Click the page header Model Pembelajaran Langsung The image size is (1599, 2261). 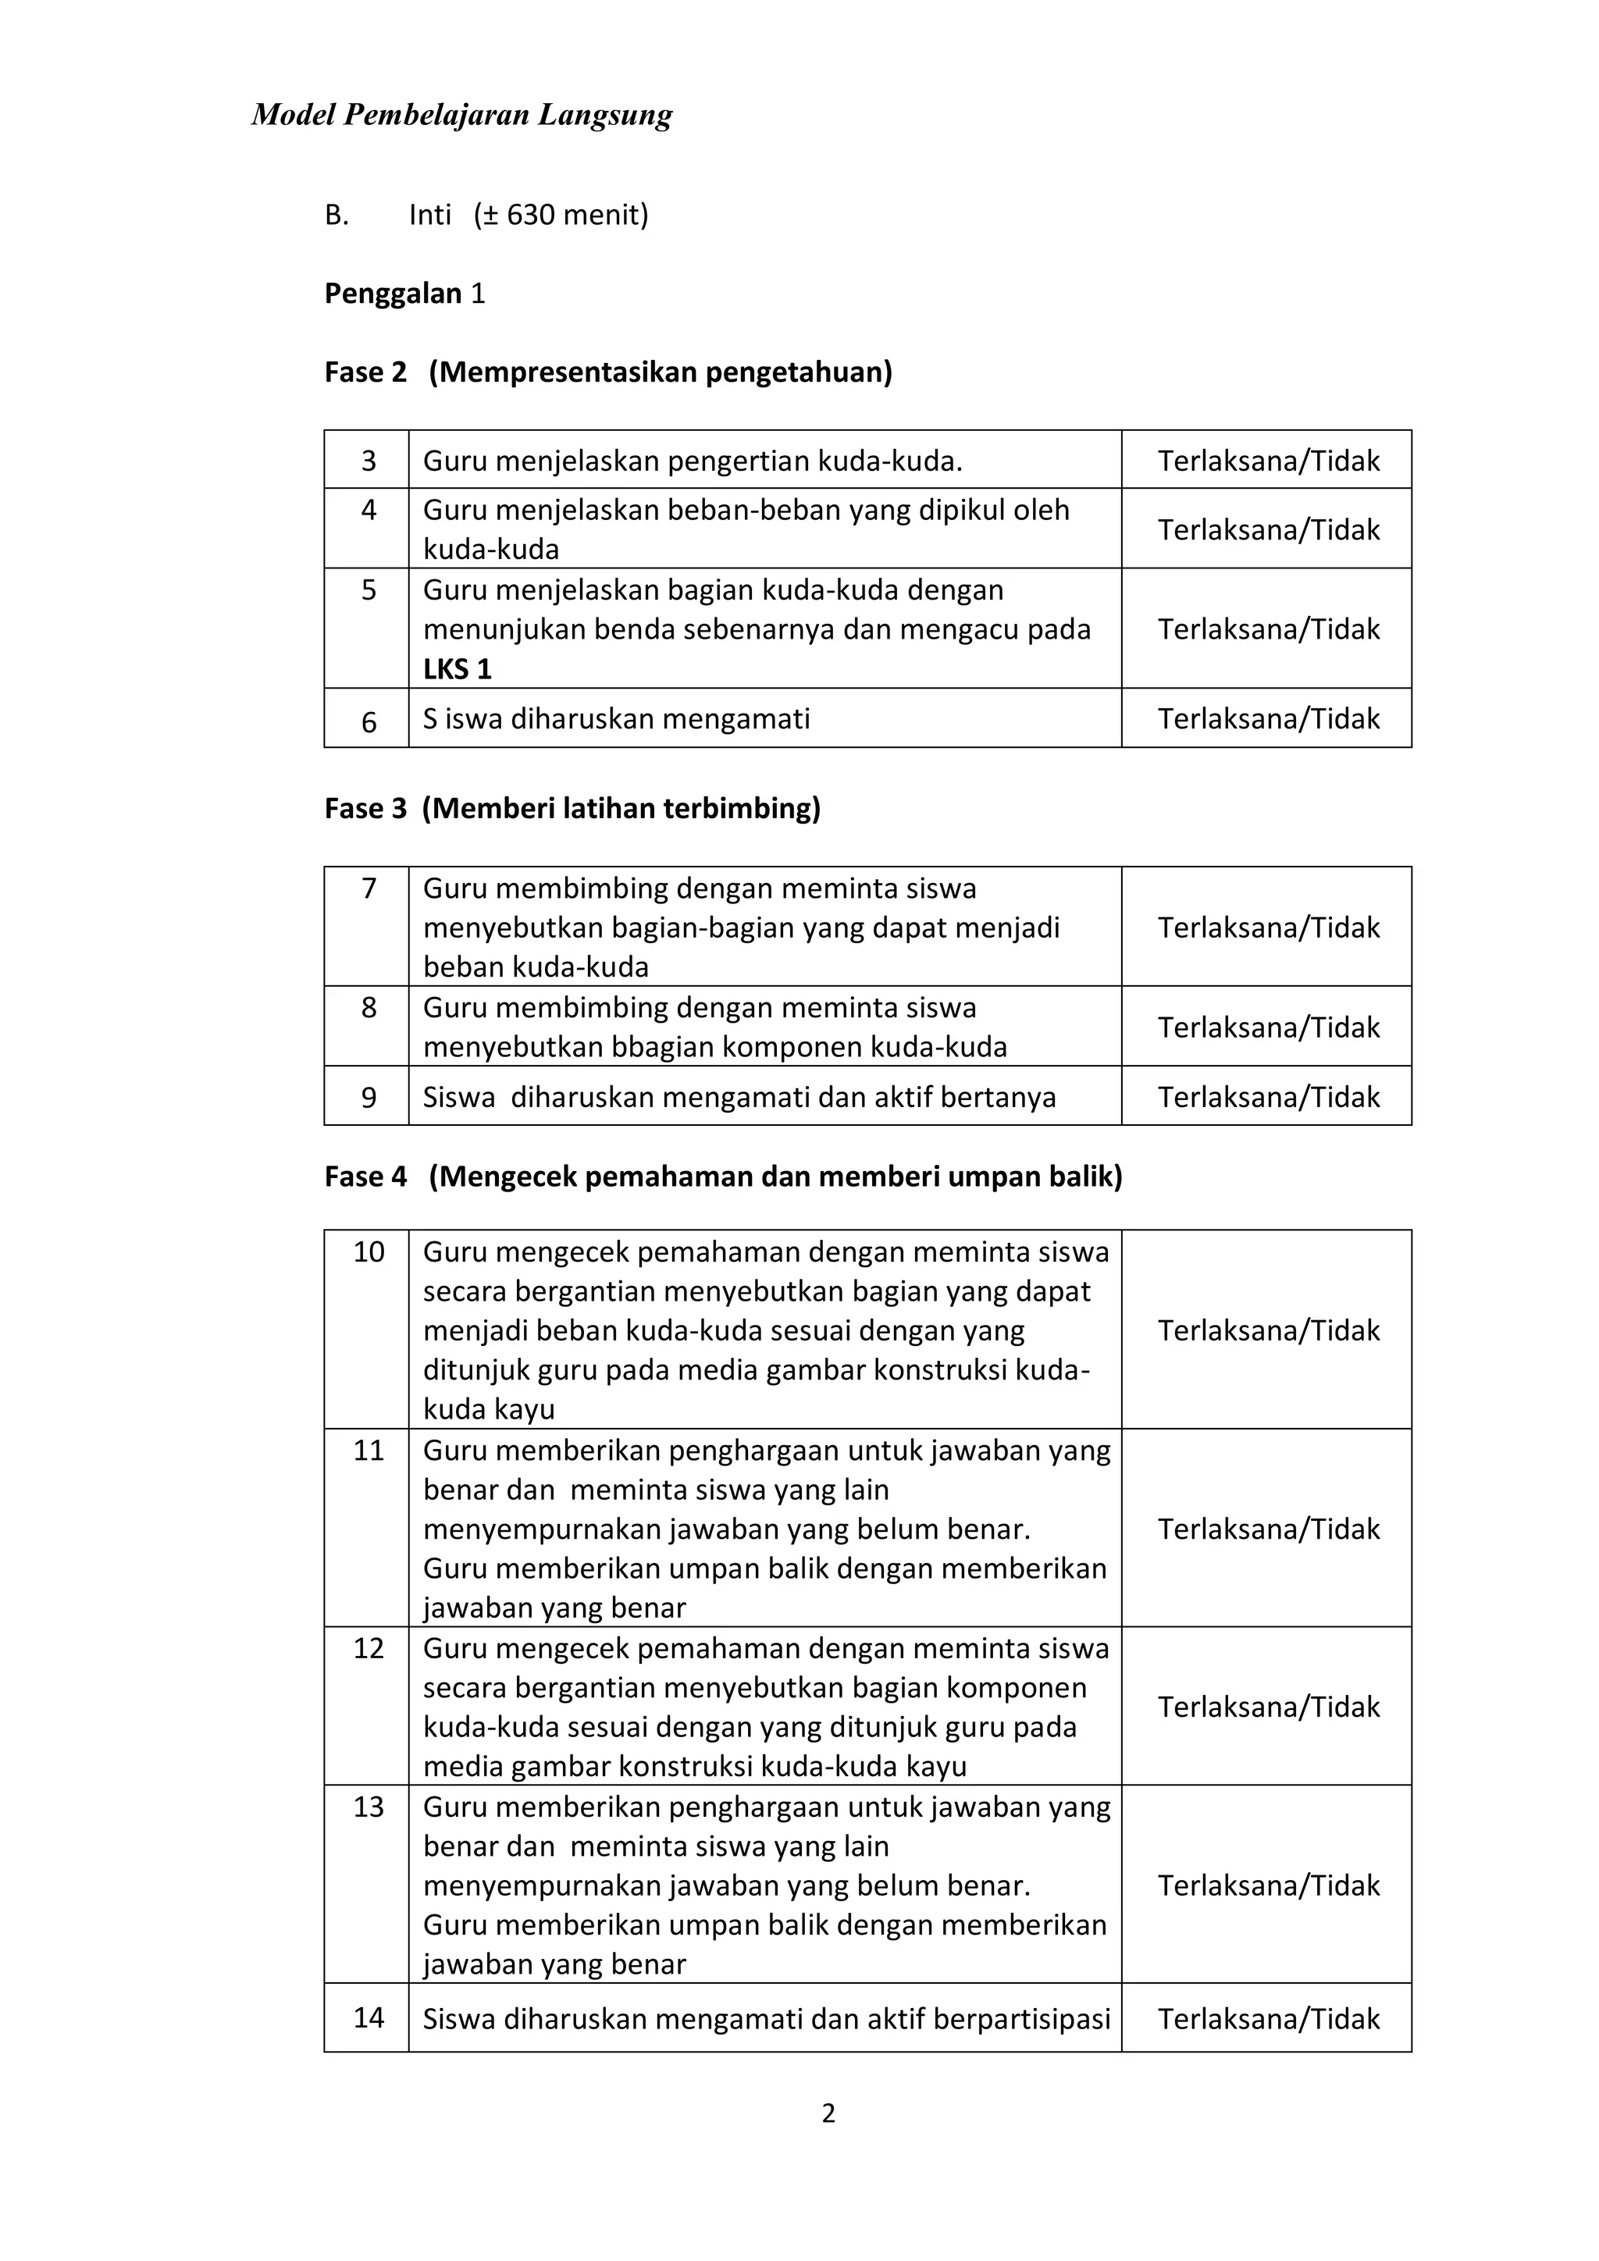coord(461,116)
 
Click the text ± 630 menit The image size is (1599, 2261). coord(561,215)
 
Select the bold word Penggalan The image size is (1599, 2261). coord(393,294)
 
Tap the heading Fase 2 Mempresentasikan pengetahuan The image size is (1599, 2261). coord(607,372)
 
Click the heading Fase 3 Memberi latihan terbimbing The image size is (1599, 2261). coord(572,809)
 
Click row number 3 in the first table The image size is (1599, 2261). coord(369,461)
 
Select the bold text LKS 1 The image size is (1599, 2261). coord(457,670)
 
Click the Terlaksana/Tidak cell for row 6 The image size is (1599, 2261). coord(1268,719)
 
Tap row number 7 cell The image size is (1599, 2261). coord(369,889)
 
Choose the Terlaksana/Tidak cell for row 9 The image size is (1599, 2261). coord(1268,1097)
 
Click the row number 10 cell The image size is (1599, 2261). coord(369,1252)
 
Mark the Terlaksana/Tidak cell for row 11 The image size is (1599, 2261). coord(1268,1529)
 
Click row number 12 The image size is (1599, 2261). coord(369,1648)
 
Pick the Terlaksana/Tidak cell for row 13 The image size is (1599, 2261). coord(1268,1885)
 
